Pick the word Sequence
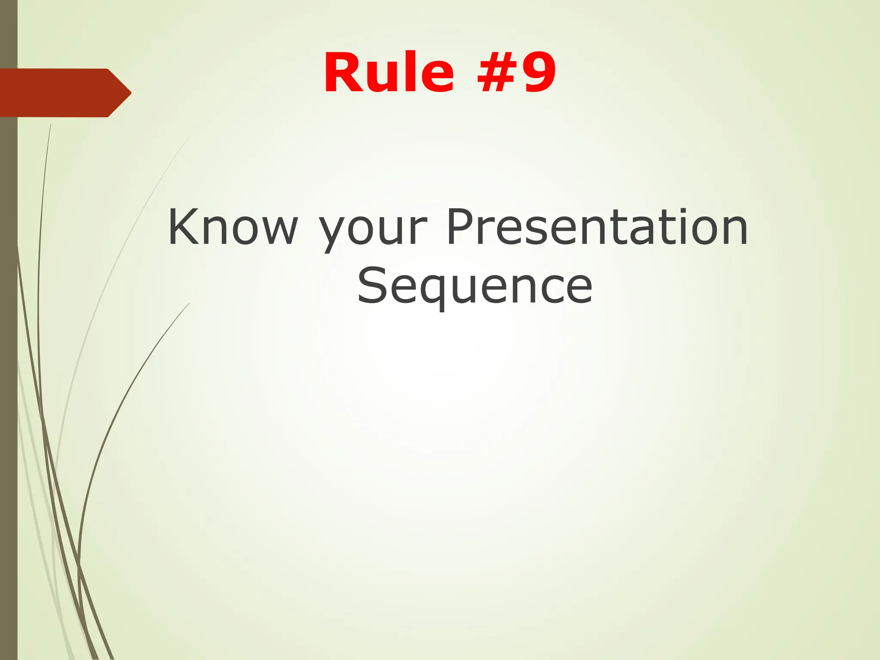(x=475, y=285)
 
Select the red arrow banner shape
(x=60, y=92)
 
